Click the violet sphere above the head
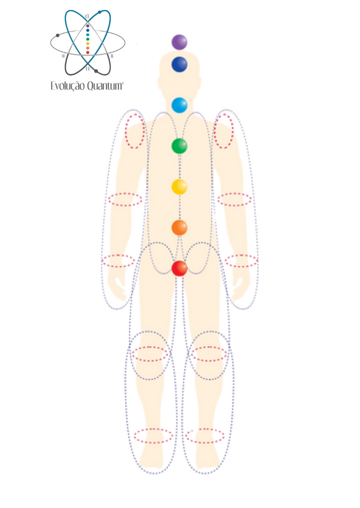pos(179,42)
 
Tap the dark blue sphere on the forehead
pos(179,64)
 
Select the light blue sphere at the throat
pos(179,105)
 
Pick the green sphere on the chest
pos(179,146)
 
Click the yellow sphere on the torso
pos(179,187)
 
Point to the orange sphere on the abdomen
pos(179,228)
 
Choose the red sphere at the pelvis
pos(179,268)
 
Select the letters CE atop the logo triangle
pos(88,16)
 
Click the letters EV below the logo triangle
pos(88,69)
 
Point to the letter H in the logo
pos(63,56)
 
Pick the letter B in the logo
pos(112,56)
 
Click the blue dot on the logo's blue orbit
pos(100,12)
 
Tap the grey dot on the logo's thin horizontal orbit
pos(57,35)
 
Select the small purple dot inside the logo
pos(88,25)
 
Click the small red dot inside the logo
pos(88,52)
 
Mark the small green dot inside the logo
pos(88,39)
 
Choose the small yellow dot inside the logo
pos(88,43)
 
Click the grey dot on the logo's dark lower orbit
pos(96,71)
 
